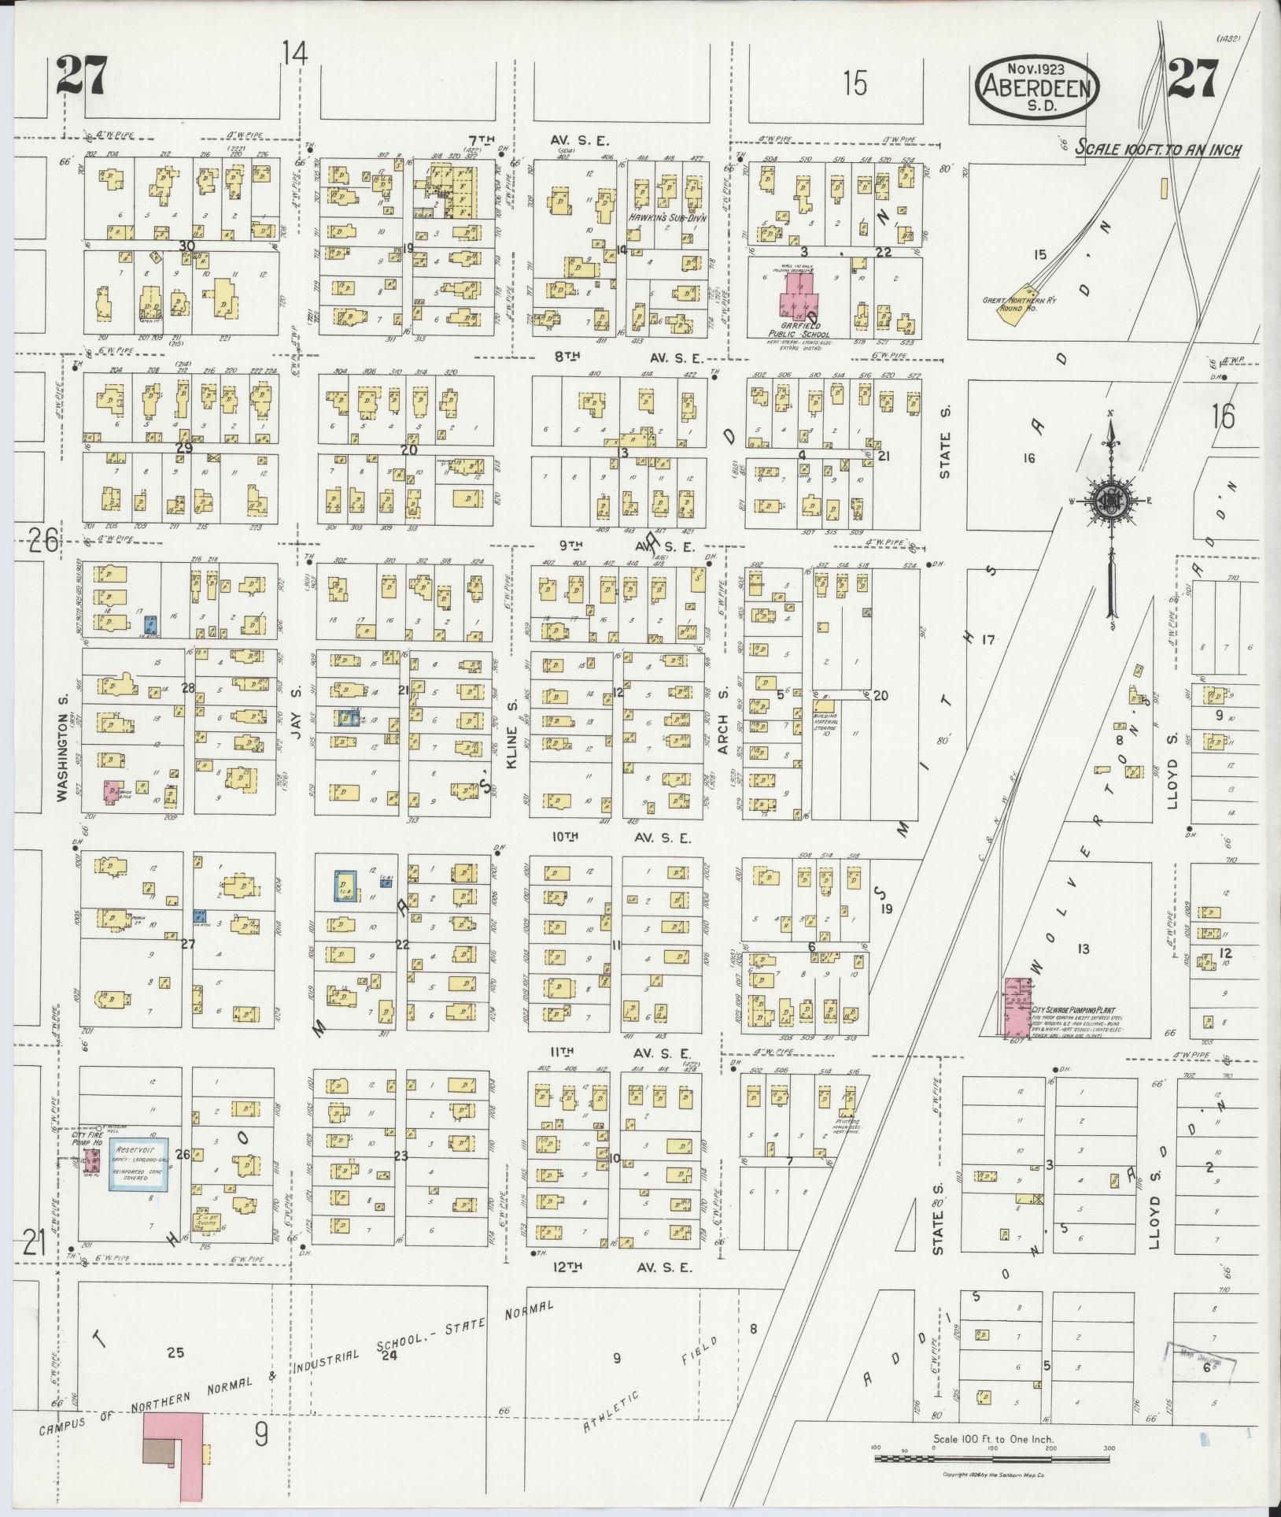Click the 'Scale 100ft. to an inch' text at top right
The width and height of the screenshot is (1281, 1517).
(1158, 149)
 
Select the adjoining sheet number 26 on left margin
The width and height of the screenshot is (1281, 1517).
(43, 541)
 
